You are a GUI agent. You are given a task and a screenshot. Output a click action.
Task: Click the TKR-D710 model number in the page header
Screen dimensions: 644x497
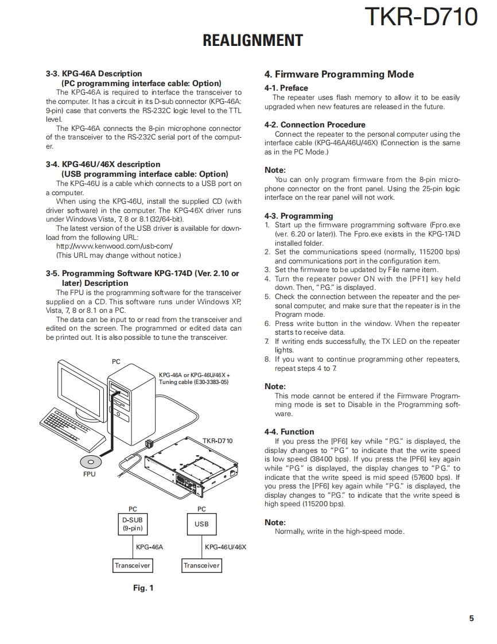(421, 17)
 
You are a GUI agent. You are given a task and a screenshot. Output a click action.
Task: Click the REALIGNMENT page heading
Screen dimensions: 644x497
(253, 41)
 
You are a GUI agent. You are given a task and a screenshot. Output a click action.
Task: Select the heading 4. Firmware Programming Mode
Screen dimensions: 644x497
(339, 74)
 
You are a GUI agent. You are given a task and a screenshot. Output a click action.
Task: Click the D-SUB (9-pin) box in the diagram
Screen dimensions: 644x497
(133, 524)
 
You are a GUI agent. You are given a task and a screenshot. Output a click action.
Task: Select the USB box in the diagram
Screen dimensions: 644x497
(201, 524)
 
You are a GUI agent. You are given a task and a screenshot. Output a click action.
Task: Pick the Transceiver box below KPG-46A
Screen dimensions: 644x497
(133, 565)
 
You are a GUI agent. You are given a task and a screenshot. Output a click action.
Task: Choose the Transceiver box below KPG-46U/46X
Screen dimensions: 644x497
(201, 565)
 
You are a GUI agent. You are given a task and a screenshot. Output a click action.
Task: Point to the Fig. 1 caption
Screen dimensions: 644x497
(143, 588)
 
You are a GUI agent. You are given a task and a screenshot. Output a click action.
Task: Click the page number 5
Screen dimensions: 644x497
(471, 618)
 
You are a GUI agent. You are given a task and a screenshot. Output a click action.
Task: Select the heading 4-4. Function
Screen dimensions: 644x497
(289, 432)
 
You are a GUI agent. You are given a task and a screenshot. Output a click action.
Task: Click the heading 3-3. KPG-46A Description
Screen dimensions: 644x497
(94, 73)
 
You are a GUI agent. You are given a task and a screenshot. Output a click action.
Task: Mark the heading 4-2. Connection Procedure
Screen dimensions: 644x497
(314, 125)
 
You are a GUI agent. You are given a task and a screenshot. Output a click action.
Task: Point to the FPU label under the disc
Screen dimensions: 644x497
(90, 475)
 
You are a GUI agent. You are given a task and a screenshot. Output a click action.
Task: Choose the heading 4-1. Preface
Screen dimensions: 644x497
(286, 88)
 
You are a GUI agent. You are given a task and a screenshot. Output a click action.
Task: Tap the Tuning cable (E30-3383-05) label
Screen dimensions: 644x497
(193, 382)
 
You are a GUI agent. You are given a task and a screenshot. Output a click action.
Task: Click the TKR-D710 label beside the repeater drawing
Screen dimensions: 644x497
(218, 441)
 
